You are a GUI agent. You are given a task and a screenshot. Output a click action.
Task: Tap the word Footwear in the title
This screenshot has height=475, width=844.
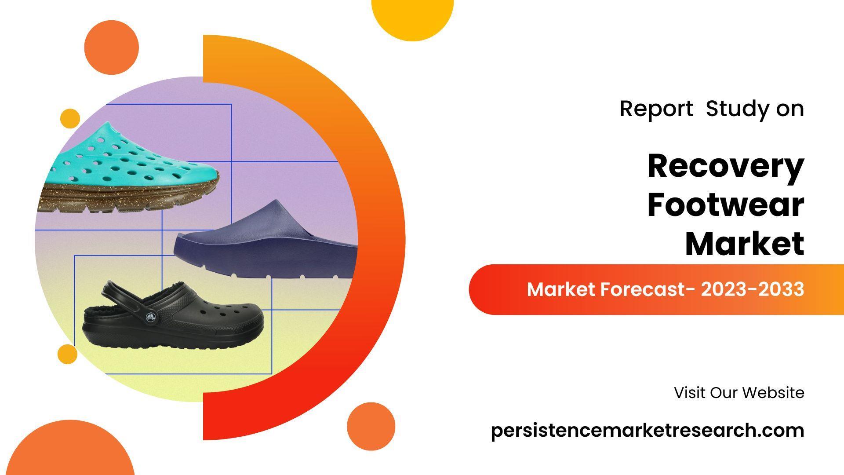coord(726,205)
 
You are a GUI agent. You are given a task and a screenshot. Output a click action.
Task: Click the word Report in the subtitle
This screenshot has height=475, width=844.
coord(656,108)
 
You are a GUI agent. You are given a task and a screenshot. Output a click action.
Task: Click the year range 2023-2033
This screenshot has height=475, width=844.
coord(753,289)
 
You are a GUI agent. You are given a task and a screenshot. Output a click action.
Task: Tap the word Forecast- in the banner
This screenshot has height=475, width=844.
coord(648,289)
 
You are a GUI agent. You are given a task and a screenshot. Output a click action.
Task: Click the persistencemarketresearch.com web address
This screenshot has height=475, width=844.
coord(648,431)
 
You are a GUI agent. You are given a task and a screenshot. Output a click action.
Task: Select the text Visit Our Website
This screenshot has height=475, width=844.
coord(739,392)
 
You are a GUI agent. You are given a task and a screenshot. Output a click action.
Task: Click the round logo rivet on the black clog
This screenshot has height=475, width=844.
coord(150,316)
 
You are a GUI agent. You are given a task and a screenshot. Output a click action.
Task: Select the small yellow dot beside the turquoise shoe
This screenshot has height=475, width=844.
coord(70,119)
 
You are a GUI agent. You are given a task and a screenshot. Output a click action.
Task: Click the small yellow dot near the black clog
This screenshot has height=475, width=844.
coord(67,354)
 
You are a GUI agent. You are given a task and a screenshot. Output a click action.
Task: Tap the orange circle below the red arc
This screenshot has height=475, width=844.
coord(371,426)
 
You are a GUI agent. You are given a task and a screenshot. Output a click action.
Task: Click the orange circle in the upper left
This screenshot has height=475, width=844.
coord(112,47)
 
